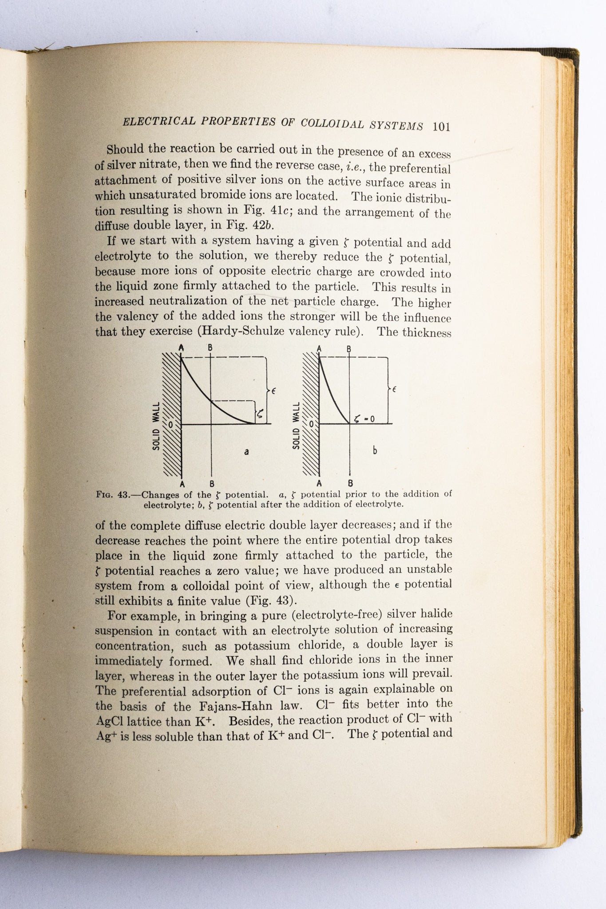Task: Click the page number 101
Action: tap(441, 126)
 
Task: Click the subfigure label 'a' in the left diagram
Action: tap(246, 452)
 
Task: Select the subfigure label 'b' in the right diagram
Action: tap(375, 451)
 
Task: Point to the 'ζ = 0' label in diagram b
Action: tap(364, 418)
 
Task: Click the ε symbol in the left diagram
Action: tap(274, 390)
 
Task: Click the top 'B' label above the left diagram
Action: tap(210, 348)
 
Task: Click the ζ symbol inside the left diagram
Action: tap(260, 415)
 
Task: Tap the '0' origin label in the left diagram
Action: tap(170, 424)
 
